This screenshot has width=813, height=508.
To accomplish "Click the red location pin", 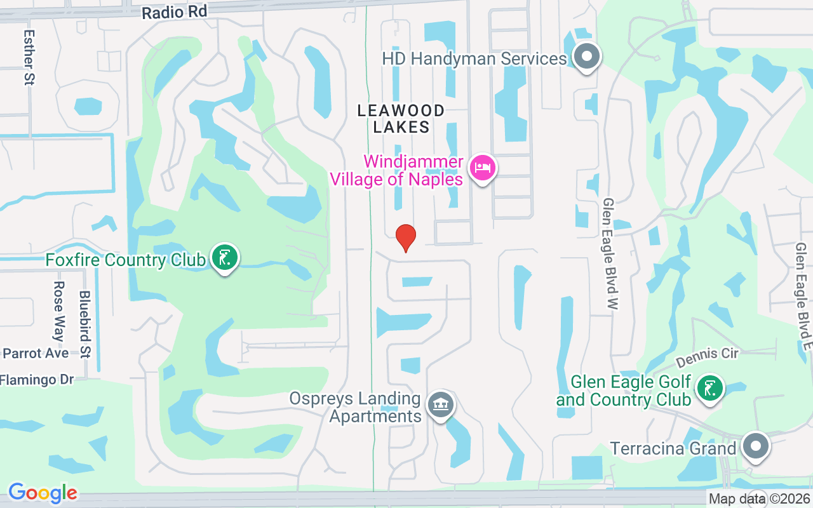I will tap(406, 238).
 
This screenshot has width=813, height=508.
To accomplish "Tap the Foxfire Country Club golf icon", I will tap(225, 258).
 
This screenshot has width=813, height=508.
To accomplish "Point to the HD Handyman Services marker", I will tap(587, 57).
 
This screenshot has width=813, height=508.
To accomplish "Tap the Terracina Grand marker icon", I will tap(755, 446).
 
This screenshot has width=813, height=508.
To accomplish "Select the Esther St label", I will tap(29, 57).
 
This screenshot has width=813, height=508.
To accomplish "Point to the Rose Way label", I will tap(59, 311).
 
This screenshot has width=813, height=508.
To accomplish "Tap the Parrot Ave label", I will tap(36, 353).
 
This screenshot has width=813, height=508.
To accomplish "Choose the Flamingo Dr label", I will tap(37, 380).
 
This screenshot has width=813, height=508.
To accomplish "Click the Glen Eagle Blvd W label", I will tap(610, 254).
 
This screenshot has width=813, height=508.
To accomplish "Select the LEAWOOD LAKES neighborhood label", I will tap(401, 119).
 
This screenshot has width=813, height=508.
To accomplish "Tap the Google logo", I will tap(43, 492).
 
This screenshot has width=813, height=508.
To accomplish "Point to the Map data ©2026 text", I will tap(759, 499).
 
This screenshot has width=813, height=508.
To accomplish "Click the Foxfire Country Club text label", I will tap(126, 260).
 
